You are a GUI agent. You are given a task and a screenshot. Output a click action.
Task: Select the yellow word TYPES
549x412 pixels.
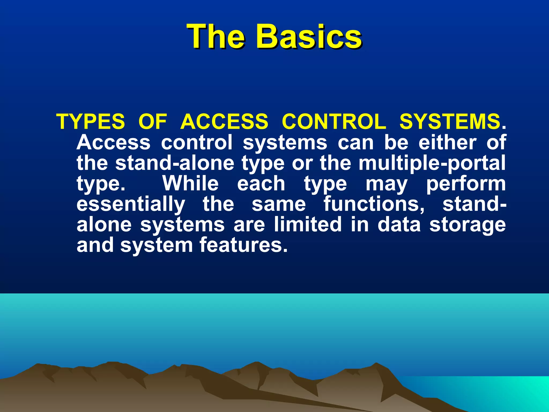click(91, 122)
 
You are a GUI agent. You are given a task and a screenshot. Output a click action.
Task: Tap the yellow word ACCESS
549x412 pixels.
click(224, 122)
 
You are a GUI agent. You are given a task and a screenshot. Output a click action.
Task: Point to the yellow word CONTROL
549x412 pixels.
click(334, 122)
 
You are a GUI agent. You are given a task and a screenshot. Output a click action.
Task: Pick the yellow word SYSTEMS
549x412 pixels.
click(450, 122)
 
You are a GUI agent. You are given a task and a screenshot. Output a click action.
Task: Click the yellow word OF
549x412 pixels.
click(153, 122)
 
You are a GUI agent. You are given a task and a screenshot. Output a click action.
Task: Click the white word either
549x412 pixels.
click(447, 142)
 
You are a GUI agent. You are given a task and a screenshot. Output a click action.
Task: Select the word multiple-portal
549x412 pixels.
click(432, 163)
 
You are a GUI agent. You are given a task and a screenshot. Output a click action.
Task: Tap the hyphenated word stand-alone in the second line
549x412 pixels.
click(175, 163)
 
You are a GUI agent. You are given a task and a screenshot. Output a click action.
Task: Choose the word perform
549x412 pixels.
click(466, 184)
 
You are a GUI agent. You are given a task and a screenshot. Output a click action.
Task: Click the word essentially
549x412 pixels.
click(131, 204)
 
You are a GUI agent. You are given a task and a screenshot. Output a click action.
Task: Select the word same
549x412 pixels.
click(279, 204)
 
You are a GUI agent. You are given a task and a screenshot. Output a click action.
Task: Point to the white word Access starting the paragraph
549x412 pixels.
click(113, 142)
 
